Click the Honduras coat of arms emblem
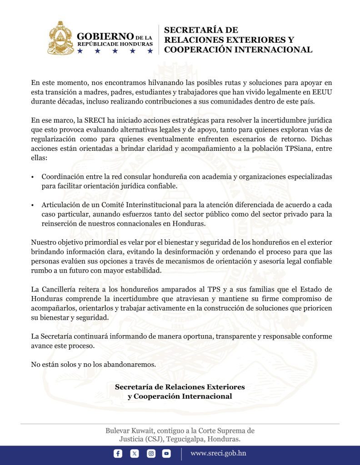tap(61, 38)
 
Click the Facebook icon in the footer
tap(118, 453)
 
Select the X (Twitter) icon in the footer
tap(135, 453)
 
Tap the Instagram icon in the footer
tap(151, 453)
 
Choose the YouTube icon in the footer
tap(167, 453)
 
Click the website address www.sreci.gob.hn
tap(218, 453)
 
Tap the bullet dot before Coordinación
tap(33, 176)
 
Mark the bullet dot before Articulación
tap(33, 204)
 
